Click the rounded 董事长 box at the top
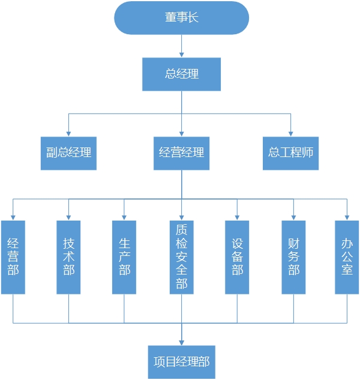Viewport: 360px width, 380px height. (x=181, y=18)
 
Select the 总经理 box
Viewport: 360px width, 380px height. (x=181, y=74)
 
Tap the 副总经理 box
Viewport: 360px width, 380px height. (x=68, y=153)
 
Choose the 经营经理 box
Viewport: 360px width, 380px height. (x=181, y=153)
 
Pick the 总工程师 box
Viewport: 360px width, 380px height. (x=291, y=153)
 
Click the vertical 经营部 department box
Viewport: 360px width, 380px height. (x=13, y=257)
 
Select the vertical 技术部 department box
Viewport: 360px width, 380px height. (x=68, y=257)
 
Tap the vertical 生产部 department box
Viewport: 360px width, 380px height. (x=124, y=257)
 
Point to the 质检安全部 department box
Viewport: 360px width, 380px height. (x=181, y=257)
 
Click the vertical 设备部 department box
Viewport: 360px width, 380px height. (x=237, y=257)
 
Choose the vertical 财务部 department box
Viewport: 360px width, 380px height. (x=293, y=257)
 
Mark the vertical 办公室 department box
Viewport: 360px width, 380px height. (x=347, y=257)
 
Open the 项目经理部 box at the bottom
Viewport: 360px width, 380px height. (x=181, y=362)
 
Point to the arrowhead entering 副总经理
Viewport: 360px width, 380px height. (x=68, y=133)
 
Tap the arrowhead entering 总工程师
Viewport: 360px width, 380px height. (x=291, y=133)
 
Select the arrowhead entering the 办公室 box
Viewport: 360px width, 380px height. (x=347, y=217)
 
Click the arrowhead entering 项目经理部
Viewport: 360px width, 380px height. (x=181, y=342)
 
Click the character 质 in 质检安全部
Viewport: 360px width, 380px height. (x=181, y=230)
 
